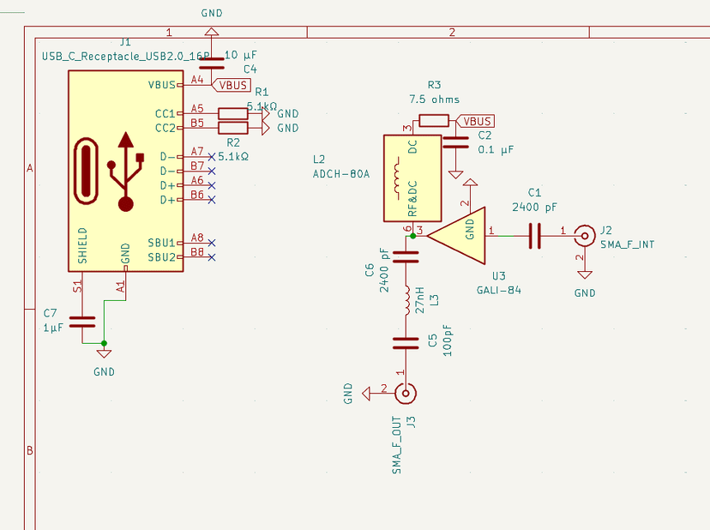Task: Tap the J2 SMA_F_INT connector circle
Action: [x=584, y=233]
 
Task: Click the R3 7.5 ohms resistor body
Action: [x=433, y=121]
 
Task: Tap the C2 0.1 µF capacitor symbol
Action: [x=453, y=142]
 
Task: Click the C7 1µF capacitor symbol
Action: [x=82, y=322]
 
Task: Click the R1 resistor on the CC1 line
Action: [x=233, y=113]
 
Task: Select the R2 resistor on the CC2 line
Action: [x=233, y=128]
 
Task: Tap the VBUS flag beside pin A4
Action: [x=232, y=85]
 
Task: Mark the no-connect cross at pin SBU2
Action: [x=211, y=257]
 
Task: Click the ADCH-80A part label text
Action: [x=340, y=174]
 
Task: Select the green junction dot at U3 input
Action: [x=413, y=233]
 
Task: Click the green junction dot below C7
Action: [x=104, y=343]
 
